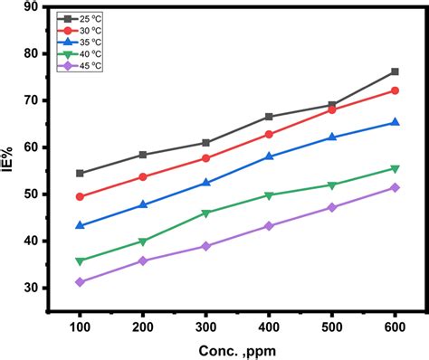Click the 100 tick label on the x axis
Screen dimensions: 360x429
80,324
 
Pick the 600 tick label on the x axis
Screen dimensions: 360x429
394,324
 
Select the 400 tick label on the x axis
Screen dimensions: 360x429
269,324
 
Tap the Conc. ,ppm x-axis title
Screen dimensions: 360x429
236,349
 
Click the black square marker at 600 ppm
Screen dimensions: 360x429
395,71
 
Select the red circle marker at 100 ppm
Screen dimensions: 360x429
80,196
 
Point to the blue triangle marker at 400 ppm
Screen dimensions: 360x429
269,156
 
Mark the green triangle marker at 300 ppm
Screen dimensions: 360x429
206,213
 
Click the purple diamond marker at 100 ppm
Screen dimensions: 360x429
80,282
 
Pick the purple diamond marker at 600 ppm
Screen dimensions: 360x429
395,187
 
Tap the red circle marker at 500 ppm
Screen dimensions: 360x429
332,109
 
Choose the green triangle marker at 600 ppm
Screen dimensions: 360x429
395,169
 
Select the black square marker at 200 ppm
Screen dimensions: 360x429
143,155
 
